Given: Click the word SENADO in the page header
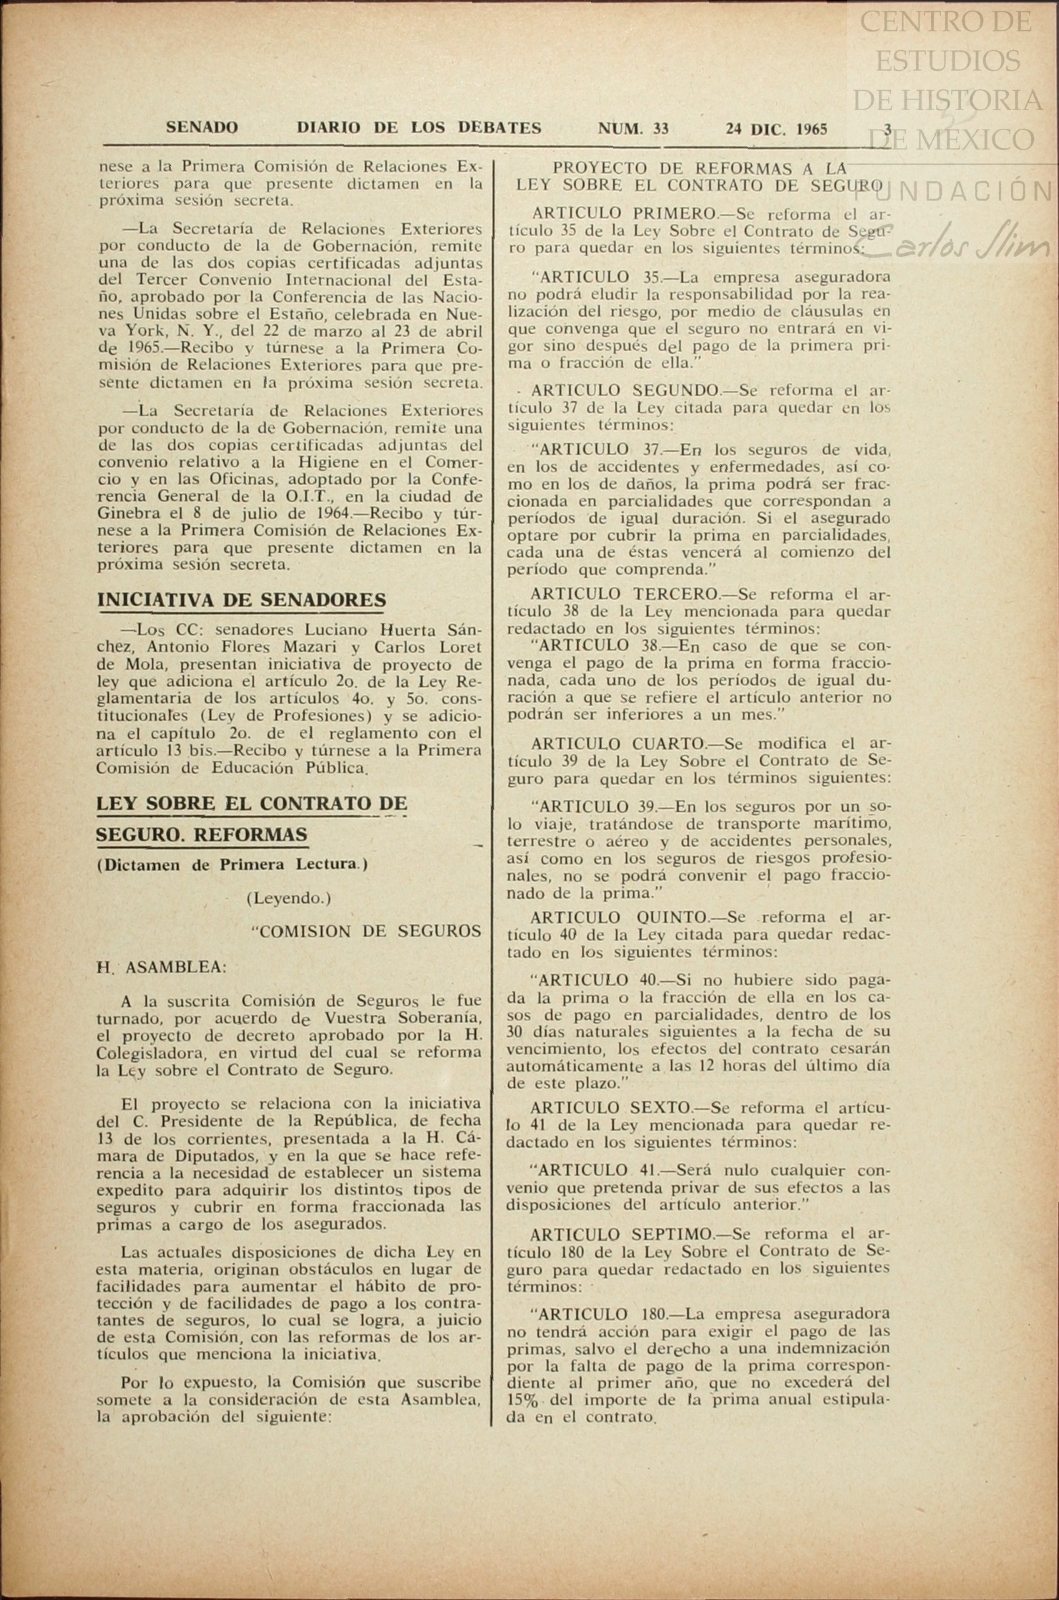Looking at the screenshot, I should [202, 128].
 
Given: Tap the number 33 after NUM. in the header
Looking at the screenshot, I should [660, 129].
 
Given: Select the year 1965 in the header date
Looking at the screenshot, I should [811, 130].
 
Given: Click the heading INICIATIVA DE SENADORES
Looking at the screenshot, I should [241, 600].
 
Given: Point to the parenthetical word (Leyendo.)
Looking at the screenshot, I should [288, 898].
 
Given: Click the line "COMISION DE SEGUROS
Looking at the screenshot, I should [366, 932].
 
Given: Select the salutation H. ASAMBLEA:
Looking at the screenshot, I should [162, 967].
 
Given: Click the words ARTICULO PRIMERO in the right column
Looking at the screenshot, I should [623, 213].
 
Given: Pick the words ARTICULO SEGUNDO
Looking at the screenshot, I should [625, 391].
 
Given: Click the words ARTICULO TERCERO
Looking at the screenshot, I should [624, 594].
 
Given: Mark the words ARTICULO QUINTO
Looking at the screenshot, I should [618, 917].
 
